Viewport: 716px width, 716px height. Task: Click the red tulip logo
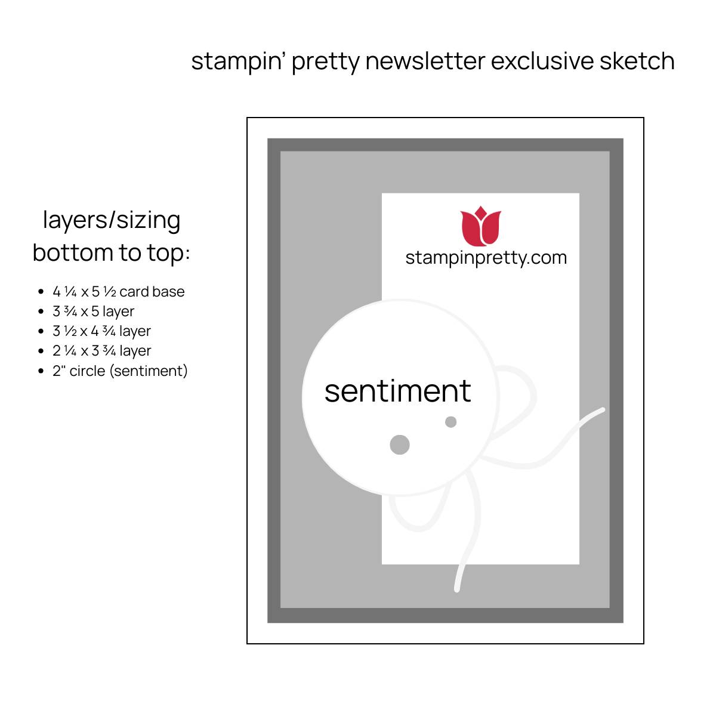click(480, 226)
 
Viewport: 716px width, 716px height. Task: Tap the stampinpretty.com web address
click(486, 258)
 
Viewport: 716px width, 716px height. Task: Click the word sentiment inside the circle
click(397, 391)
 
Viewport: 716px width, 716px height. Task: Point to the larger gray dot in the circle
click(400, 445)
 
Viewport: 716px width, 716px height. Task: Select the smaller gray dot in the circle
click(450, 422)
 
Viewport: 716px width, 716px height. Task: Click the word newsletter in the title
click(425, 61)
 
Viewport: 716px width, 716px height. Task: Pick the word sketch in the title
click(637, 61)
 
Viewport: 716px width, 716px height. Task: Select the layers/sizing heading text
click(112, 221)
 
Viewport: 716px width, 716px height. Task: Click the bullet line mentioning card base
click(119, 292)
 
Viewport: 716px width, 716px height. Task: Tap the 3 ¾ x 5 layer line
click(93, 311)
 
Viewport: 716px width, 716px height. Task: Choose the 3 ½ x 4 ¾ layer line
click(102, 331)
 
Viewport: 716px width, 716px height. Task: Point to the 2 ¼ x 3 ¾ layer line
click(102, 351)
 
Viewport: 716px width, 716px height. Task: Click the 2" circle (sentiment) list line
click(120, 371)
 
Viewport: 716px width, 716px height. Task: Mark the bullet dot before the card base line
click(41, 292)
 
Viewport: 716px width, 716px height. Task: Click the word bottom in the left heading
click(73, 252)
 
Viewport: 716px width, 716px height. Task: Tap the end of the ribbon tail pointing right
click(602, 410)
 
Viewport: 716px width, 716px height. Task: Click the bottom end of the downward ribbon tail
click(457, 589)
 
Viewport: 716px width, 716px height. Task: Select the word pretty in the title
click(326, 61)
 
